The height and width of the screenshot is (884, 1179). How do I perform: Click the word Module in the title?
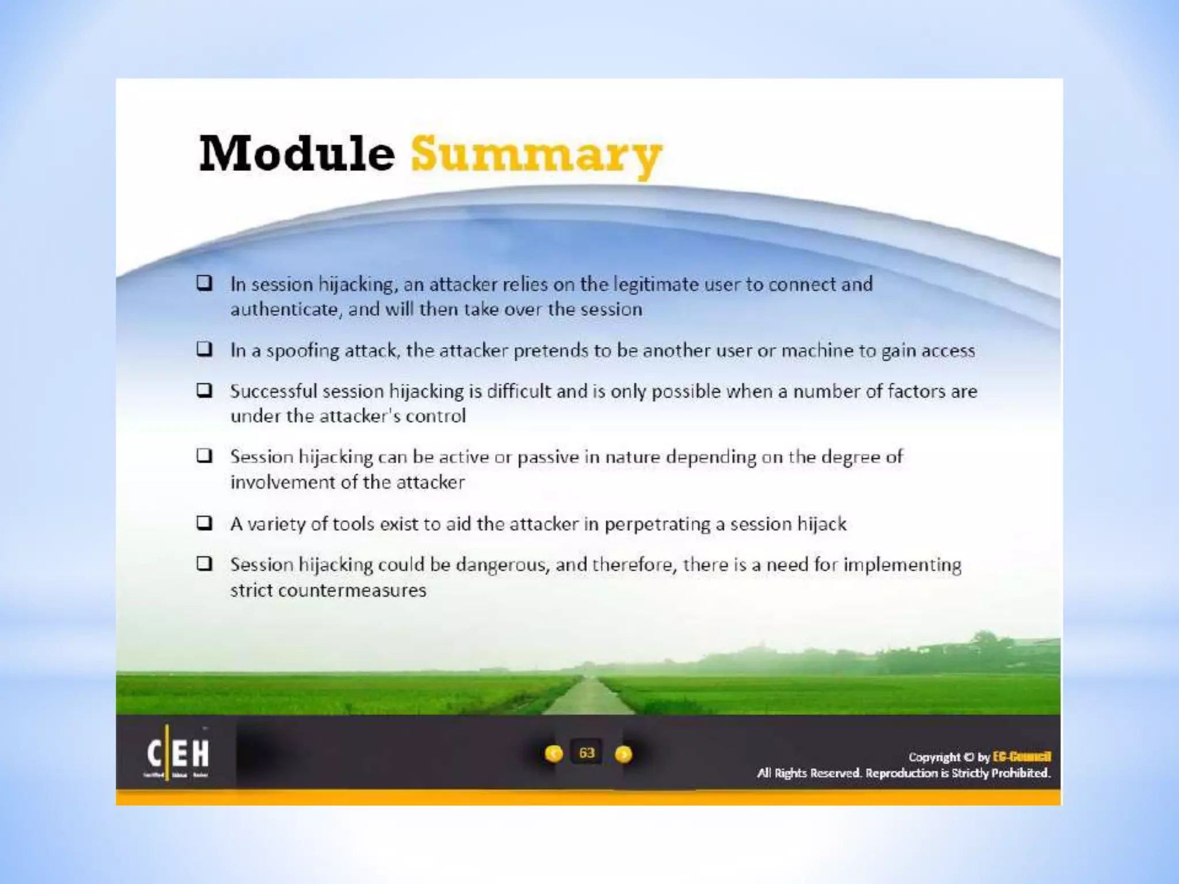coord(296,153)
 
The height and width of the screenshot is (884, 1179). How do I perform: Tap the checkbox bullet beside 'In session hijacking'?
coord(204,283)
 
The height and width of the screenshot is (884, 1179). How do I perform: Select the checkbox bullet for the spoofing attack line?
coord(204,349)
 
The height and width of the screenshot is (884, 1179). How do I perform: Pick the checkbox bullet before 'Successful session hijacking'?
coord(204,390)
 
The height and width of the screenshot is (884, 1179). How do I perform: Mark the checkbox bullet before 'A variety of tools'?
coord(204,523)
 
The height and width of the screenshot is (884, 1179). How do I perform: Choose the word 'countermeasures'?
coord(352,590)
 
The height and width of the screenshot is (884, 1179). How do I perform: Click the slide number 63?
coord(587,753)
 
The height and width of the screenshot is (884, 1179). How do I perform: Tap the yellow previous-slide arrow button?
coord(554,753)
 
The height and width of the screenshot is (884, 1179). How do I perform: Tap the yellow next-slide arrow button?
coord(623,753)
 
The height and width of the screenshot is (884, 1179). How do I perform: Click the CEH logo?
coord(177,753)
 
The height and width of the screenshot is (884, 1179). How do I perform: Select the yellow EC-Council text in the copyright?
coord(1022,757)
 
